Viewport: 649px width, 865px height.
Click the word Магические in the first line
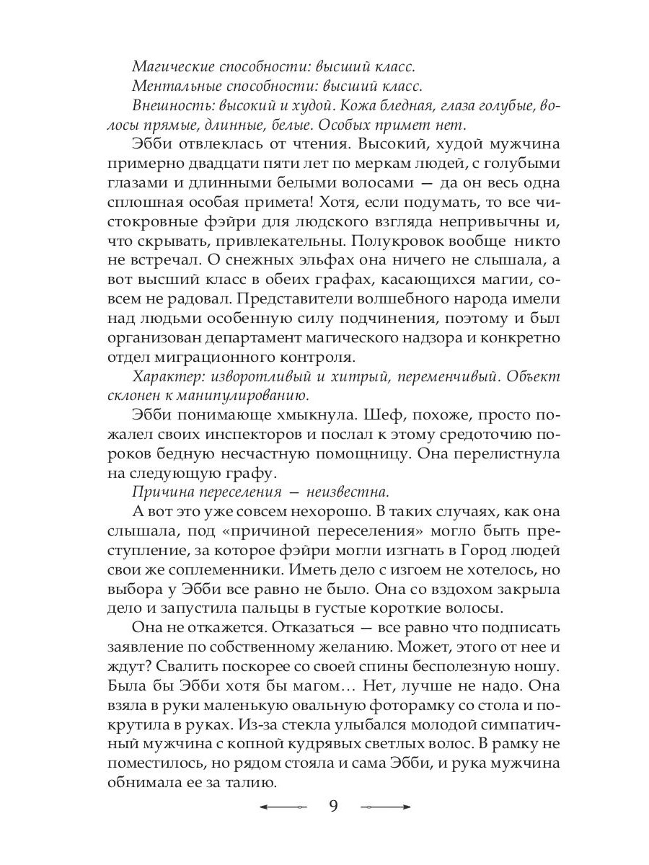(169, 66)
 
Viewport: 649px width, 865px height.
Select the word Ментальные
(170, 86)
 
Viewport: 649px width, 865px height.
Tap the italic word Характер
(165, 378)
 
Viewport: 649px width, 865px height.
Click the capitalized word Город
(474, 549)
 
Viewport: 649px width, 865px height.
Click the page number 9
(333, 806)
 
